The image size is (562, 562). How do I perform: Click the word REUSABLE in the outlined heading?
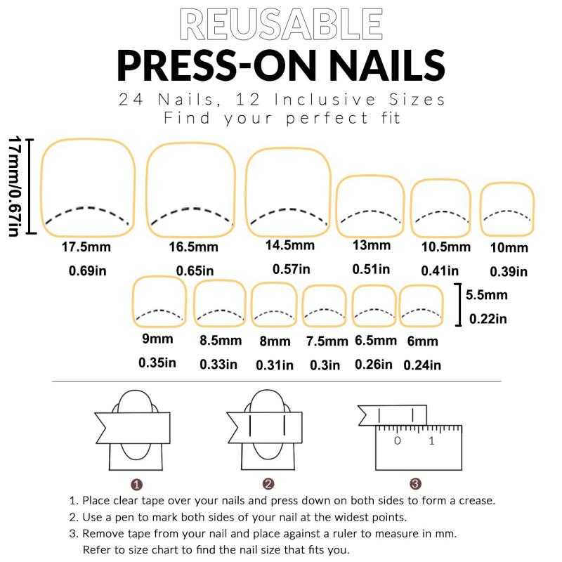281,25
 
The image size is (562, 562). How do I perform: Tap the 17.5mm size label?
86,247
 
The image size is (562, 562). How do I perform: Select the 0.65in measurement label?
195,270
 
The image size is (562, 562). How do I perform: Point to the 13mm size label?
372,245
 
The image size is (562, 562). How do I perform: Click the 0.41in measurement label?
440,270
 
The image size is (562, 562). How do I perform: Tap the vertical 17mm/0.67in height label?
14,186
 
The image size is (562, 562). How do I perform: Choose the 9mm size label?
157,339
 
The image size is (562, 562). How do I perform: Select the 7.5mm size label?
327,341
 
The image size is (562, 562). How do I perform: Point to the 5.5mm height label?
486,295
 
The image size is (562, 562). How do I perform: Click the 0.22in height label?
488,319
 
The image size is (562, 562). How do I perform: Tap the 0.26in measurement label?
374,365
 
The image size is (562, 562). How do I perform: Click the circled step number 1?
136,485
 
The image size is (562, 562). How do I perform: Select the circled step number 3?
415,484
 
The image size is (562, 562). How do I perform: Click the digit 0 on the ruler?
397,440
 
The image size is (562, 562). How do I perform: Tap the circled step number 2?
268,484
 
